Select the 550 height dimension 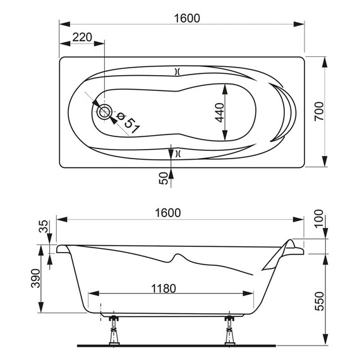pyautogui.click(x=335, y=300)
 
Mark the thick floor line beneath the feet pyautogui.click(x=177, y=347)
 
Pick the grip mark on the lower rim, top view pyautogui.click(x=177, y=153)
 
